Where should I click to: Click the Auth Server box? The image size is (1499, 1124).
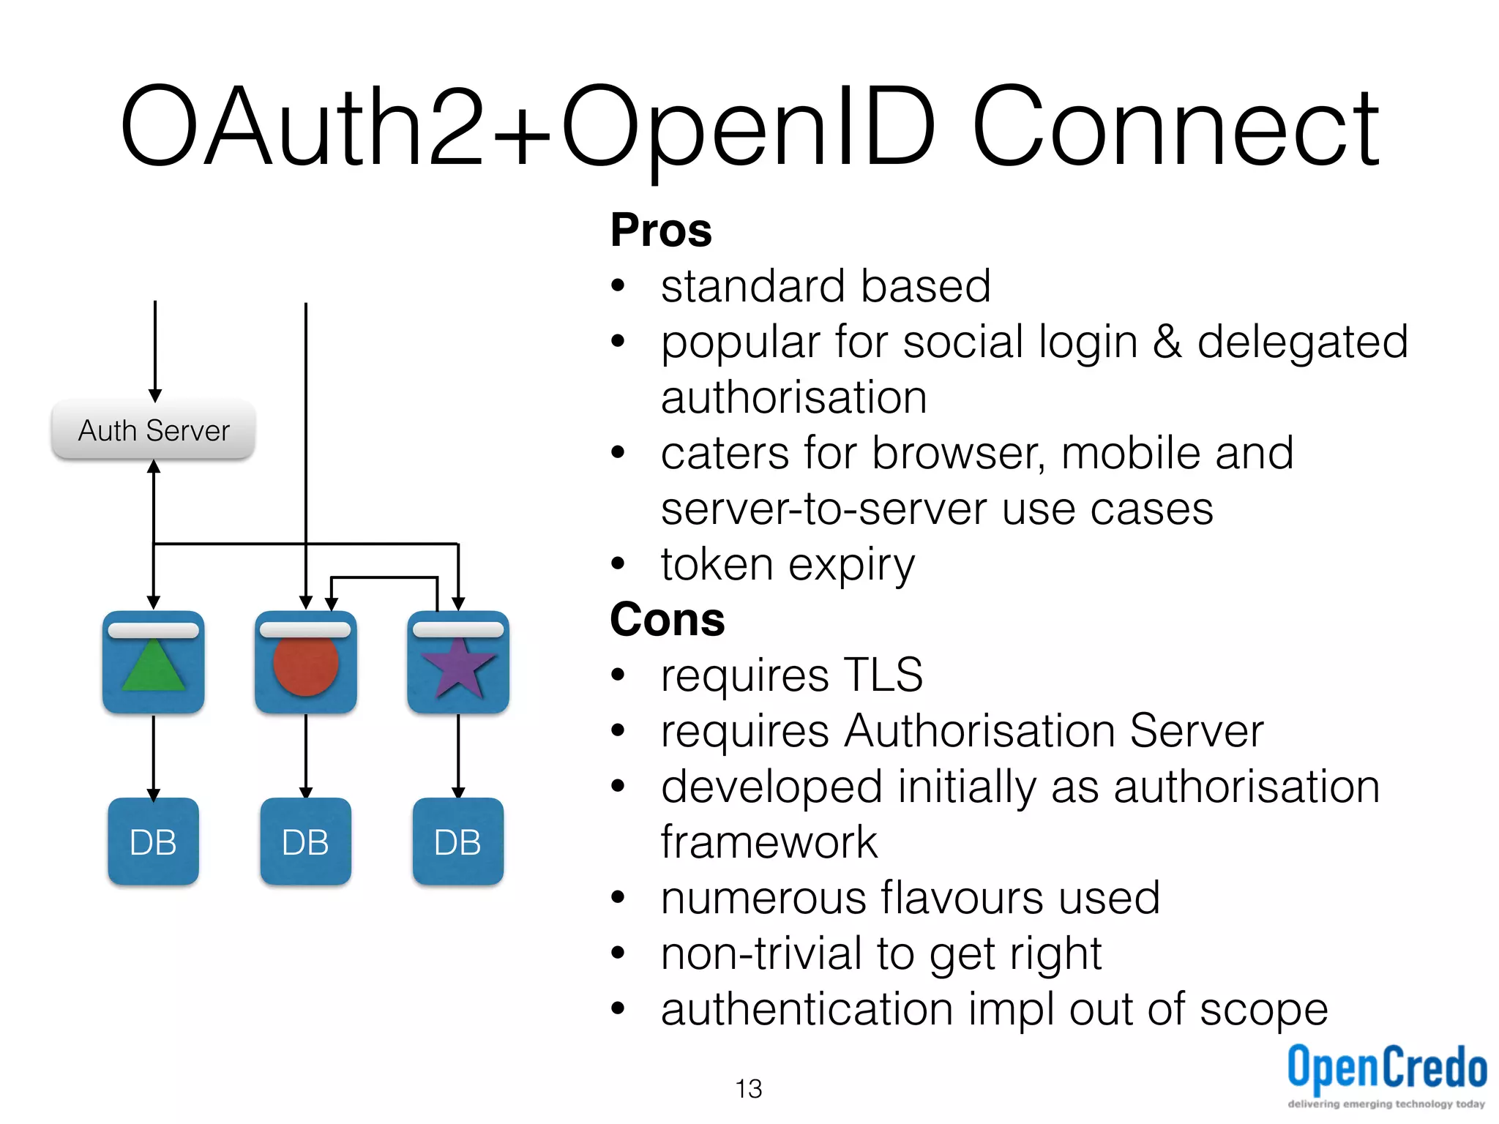point(154,430)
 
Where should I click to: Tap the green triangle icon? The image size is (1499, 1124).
point(153,667)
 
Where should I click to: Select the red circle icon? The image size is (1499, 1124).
point(306,665)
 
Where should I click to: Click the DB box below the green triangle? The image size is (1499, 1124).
point(153,842)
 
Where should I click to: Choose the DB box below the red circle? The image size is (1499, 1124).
point(306,842)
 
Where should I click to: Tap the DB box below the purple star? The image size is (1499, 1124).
point(458,842)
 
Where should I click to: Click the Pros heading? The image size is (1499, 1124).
point(661,231)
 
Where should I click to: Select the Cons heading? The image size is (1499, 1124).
point(667,620)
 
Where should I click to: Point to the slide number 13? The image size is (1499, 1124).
point(748,1089)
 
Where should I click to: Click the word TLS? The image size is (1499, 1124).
point(883,675)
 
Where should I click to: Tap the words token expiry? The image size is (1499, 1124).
point(788,565)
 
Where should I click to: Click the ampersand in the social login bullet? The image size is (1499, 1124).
point(1167,342)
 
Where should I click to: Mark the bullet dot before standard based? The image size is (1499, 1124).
point(618,286)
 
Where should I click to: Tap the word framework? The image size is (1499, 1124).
point(769,842)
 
